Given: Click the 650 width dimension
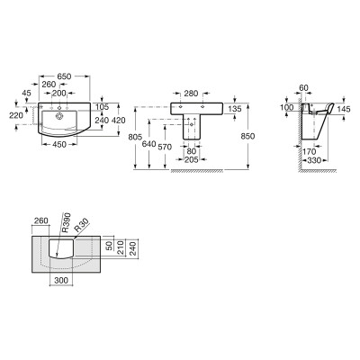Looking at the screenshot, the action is click(64, 76).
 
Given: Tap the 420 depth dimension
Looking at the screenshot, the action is click(119, 120).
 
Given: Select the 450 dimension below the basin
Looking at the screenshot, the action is click(59, 144).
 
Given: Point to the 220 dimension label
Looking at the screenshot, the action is click(16, 115).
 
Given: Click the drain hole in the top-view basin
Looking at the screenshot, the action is click(59, 115).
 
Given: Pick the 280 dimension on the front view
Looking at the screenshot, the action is click(191, 94).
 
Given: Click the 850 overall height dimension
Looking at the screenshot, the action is click(247, 136).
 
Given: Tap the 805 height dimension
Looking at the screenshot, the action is click(135, 137).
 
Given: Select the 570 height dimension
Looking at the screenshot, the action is click(165, 147).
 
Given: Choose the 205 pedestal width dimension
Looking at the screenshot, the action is click(192, 160).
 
